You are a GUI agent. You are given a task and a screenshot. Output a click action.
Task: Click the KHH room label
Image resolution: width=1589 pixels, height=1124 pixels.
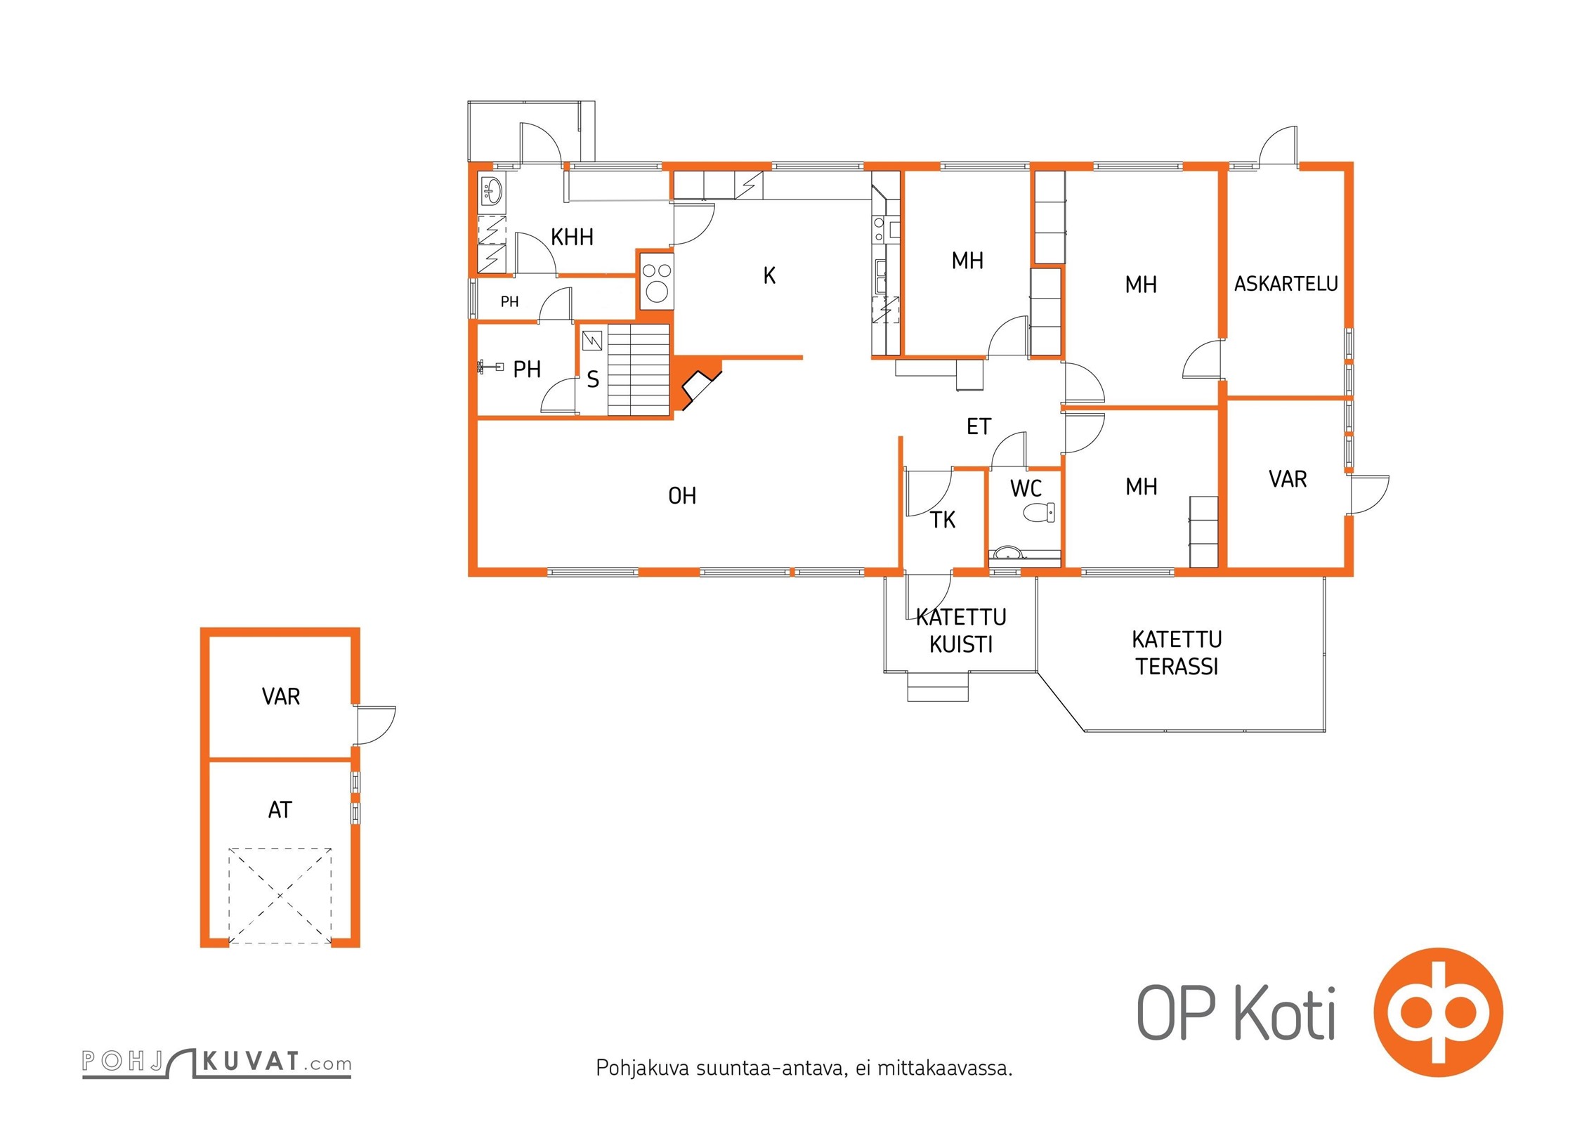(572, 237)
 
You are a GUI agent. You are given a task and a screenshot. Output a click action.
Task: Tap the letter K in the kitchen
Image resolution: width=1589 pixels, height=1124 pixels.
(769, 276)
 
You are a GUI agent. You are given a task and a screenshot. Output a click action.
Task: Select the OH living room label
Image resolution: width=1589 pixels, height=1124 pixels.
(682, 496)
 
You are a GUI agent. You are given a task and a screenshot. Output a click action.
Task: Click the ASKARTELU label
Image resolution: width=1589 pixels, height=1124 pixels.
(1286, 284)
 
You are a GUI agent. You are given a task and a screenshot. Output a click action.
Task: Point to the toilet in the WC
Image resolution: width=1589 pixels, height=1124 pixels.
(1039, 512)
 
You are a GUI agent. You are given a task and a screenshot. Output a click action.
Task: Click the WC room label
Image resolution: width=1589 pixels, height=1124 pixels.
(1026, 488)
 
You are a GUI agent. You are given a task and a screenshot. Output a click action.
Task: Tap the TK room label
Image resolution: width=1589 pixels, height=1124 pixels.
(943, 520)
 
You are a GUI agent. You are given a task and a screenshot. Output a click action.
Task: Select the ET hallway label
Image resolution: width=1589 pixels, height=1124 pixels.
(979, 426)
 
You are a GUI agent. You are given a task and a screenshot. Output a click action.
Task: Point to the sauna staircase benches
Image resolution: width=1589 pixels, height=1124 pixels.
(638, 370)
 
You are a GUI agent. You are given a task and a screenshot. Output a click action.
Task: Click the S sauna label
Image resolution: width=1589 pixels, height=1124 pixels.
(593, 380)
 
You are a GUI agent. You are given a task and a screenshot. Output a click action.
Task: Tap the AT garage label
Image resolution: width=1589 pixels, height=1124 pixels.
(280, 810)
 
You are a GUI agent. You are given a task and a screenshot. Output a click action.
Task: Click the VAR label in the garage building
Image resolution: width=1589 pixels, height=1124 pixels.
(281, 696)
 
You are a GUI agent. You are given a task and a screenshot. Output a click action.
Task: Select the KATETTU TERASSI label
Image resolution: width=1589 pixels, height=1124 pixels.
(1177, 653)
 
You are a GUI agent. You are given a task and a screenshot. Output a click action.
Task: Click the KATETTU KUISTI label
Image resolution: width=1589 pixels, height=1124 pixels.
(961, 631)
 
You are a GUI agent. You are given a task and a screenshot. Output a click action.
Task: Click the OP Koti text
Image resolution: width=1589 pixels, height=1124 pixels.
(1236, 1012)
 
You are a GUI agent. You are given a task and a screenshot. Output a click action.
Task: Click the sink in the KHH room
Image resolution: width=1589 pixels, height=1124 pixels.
(492, 190)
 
